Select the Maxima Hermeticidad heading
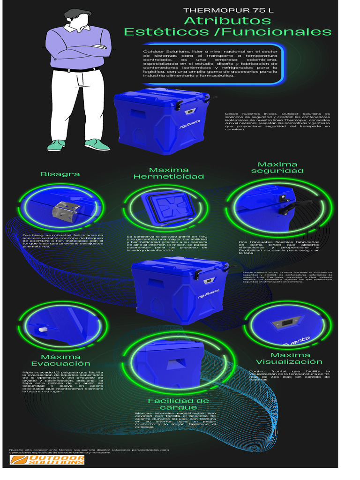tap(169, 173)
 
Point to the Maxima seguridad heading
tap(277, 167)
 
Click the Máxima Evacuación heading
tap(61, 360)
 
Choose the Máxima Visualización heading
tap(289, 358)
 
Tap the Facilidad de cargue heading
tap(179, 404)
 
